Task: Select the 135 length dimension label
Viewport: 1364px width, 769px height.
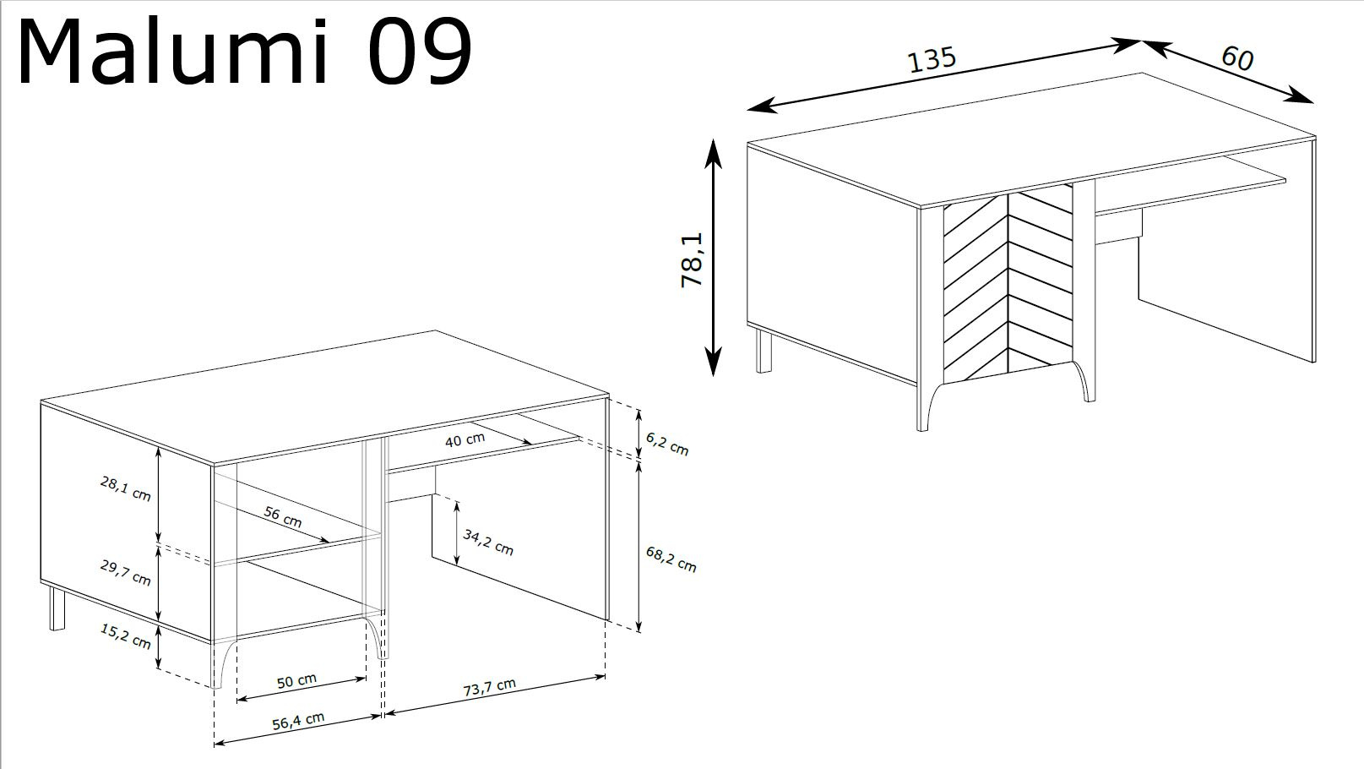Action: click(x=932, y=60)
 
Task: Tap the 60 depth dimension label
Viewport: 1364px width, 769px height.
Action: click(x=1237, y=58)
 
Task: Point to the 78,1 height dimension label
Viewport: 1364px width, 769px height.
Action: click(x=693, y=259)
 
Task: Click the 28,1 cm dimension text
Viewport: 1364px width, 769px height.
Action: click(x=126, y=488)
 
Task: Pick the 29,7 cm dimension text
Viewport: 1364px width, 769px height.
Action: click(x=126, y=572)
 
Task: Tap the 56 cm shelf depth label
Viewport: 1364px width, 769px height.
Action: click(x=283, y=516)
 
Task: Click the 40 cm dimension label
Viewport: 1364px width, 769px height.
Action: click(x=465, y=439)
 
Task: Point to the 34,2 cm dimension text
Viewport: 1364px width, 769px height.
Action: click(x=488, y=543)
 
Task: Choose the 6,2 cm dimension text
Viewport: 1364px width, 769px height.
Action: click(x=667, y=444)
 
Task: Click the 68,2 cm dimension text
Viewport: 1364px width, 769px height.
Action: click(x=671, y=559)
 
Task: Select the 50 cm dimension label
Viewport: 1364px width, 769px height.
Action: click(x=296, y=680)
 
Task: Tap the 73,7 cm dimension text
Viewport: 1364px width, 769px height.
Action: click(x=490, y=687)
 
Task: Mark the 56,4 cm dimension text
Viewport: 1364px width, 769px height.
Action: click(x=298, y=722)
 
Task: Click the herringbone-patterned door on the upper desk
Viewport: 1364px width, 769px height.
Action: click(x=1008, y=285)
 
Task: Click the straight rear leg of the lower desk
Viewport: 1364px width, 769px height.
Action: click(x=57, y=609)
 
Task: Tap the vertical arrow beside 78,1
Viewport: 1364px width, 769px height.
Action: click(x=713, y=258)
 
